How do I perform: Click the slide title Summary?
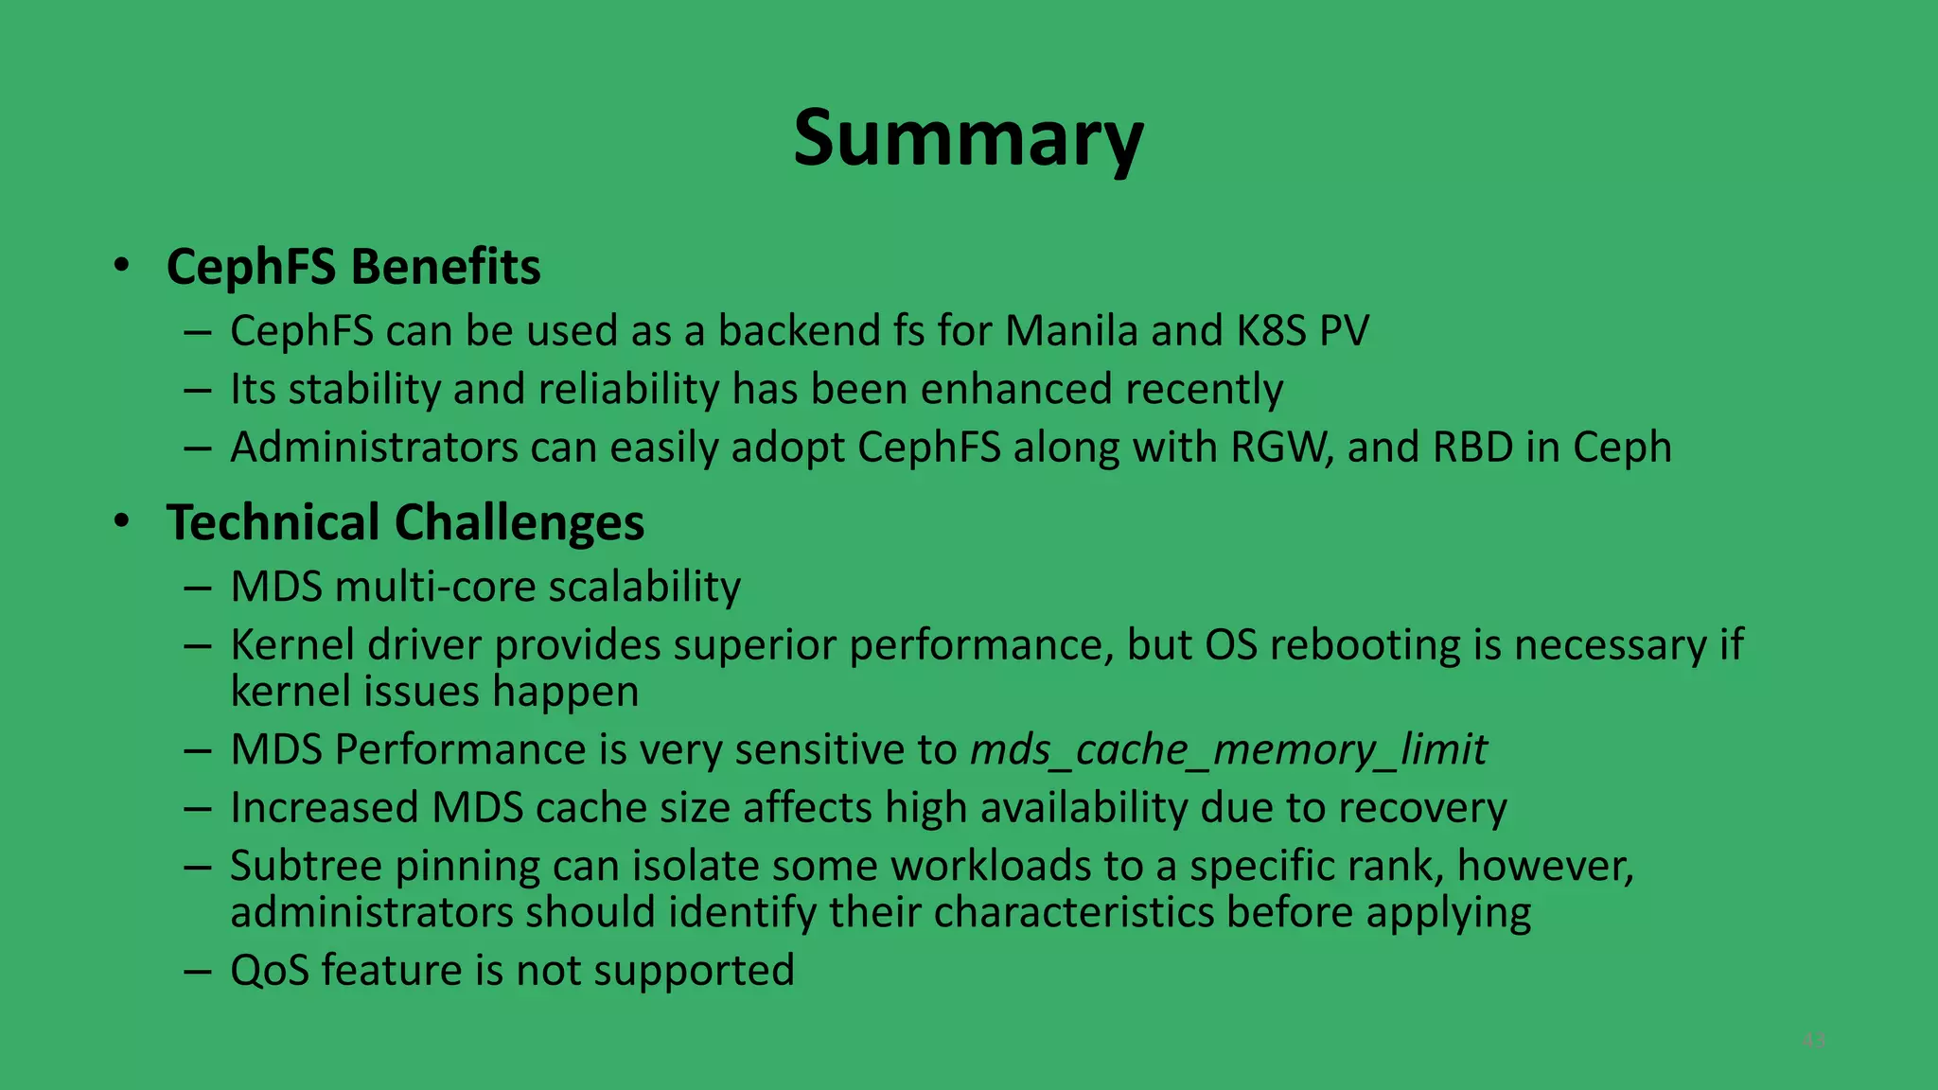(x=968, y=139)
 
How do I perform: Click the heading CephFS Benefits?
(x=353, y=267)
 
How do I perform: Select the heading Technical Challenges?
(x=405, y=522)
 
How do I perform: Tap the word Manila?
(x=1071, y=331)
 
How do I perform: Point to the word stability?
(x=363, y=390)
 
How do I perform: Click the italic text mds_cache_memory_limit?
(x=1228, y=750)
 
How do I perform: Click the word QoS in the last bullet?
(x=269, y=971)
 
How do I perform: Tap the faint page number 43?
(x=1813, y=1041)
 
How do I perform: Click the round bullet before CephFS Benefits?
(x=121, y=266)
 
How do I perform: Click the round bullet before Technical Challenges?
(x=121, y=521)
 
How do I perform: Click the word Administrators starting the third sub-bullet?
(x=374, y=448)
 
